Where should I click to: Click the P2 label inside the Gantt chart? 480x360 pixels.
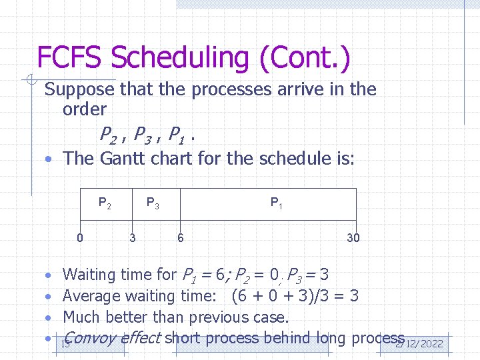105,203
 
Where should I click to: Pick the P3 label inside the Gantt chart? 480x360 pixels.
153,203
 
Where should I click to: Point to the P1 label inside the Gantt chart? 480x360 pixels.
276,203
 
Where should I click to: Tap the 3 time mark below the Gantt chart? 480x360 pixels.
133,237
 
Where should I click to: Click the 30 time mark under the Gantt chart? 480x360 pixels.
353,237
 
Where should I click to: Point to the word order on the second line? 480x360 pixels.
84,109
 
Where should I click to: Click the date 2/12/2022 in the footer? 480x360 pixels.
419,343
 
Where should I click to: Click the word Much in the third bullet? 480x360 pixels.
80,317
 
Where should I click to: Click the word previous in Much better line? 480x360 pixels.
215,317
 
